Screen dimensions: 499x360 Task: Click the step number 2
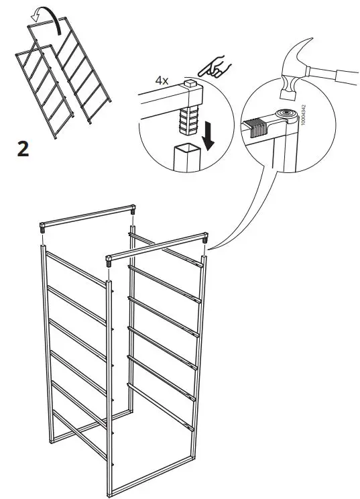point(23,149)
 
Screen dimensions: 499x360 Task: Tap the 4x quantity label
point(162,80)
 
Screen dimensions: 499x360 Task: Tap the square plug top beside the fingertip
point(191,86)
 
